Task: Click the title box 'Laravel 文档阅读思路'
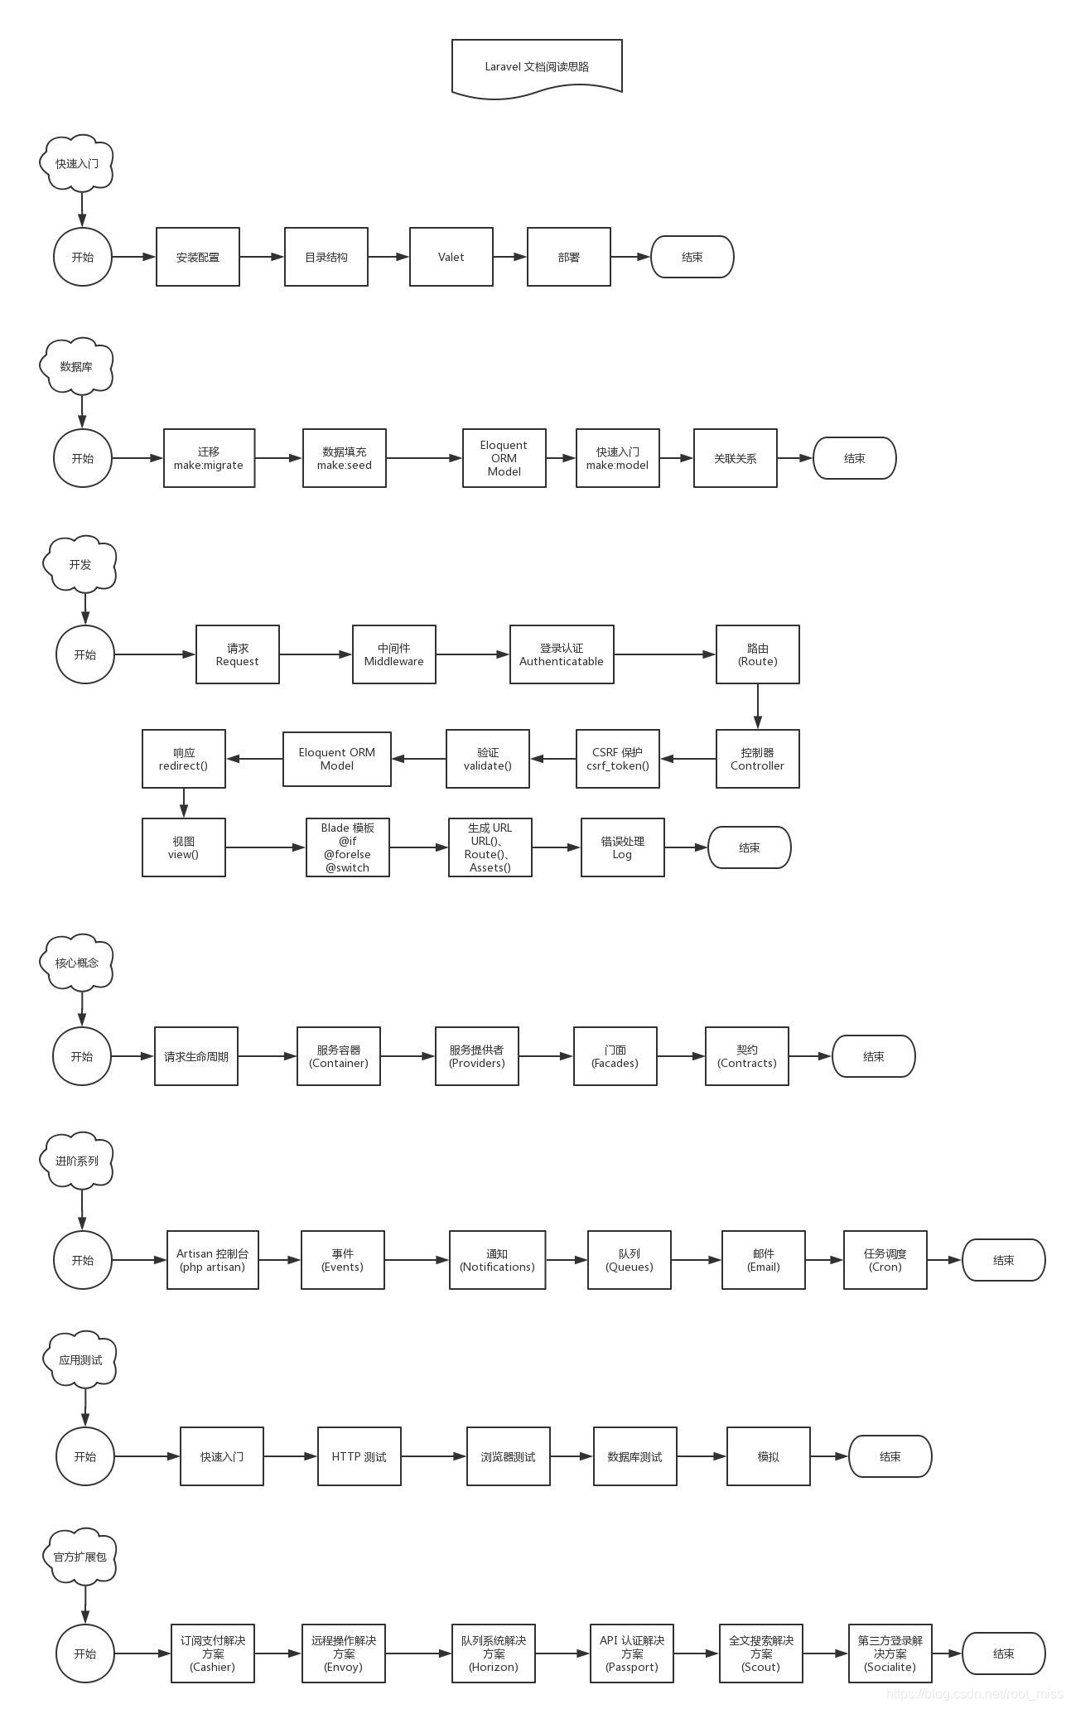[537, 66]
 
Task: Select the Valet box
[451, 257]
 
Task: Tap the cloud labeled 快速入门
[77, 163]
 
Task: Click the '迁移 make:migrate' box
[209, 458]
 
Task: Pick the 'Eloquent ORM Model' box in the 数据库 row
[504, 458]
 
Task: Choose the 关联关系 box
[736, 458]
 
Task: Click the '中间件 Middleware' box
[394, 654]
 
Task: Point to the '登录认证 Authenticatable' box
[562, 654]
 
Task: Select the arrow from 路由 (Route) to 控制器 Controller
[758, 707]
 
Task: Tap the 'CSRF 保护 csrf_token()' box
[618, 759]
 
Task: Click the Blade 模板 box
[348, 847]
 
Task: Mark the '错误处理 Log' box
[623, 847]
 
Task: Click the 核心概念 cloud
[77, 963]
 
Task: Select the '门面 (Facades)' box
[615, 1056]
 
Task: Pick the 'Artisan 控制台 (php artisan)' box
[213, 1260]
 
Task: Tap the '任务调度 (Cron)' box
[885, 1260]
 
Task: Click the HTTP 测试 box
[359, 1456]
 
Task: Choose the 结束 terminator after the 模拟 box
[890, 1456]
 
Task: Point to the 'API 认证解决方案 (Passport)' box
[632, 1653]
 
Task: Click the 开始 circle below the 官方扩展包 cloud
[85, 1653]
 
